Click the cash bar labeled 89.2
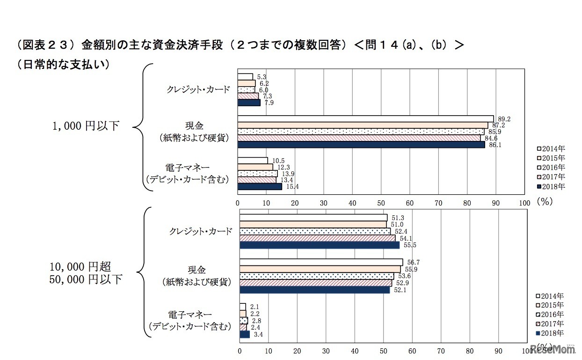365,118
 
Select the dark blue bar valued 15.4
260,186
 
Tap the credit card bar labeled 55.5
320,245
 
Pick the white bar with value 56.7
321,262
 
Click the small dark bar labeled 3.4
245,334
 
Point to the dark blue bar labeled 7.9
249,103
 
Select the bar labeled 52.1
314,290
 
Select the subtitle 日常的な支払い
63,65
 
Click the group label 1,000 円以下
86,126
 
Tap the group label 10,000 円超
80,267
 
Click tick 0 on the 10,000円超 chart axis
240,350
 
